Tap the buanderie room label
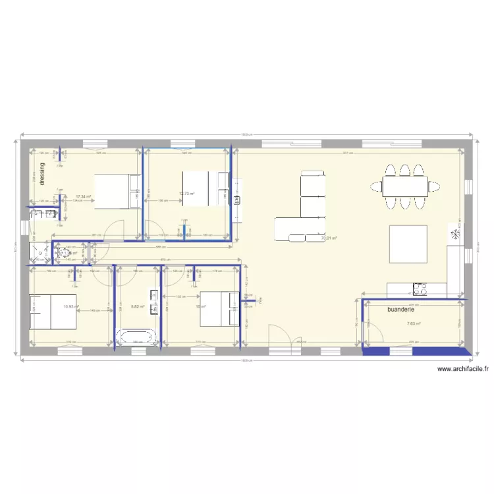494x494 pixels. pyautogui.click(x=401, y=309)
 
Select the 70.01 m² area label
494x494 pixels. pyautogui.click(x=329, y=238)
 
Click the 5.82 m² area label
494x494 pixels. pyautogui.click(x=138, y=306)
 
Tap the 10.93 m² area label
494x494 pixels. pyautogui.click(x=70, y=306)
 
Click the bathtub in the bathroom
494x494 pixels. pyautogui.click(x=138, y=338)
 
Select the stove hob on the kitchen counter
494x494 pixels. pyautogui.click(x=420, y=288)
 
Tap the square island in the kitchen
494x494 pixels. pyautogui.click(x=408, y=244)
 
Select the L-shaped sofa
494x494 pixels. pyautogui.click(x=308, y=209)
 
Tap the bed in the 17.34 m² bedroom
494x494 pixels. pyautogui.click(x=117, y=191)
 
